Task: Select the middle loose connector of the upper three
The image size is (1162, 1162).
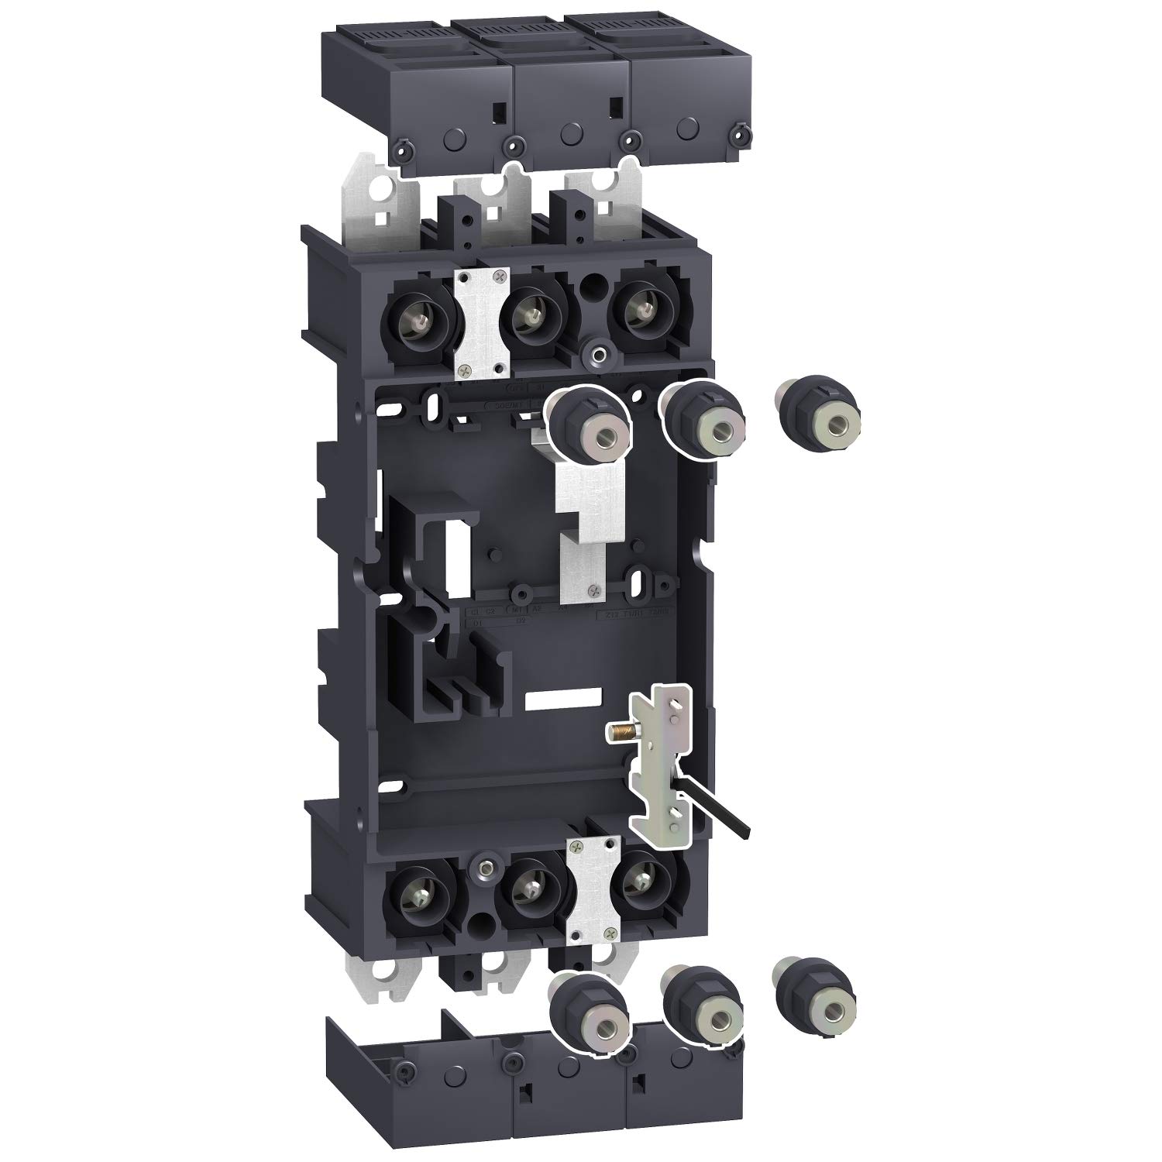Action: point(701,422)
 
